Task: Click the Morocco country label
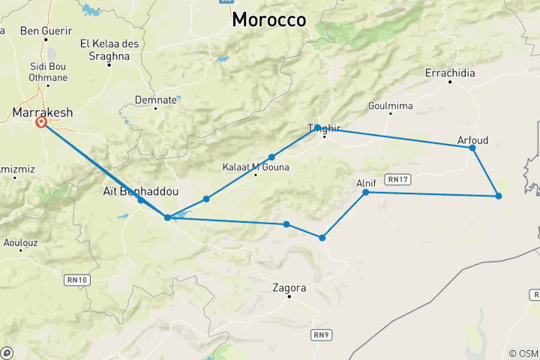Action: [269, 20]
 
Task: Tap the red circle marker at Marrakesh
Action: [41, 122]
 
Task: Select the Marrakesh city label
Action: [43, 112]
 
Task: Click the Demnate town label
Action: [155, 100]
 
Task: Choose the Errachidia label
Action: [450, 73]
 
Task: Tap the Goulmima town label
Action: [391, 106]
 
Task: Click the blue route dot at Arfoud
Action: [472, 148]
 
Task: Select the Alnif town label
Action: [366, 182]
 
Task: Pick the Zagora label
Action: [289, 287]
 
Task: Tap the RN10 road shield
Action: [77, 280]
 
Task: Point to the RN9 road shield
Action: [322, 334]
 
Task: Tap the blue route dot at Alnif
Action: [366, 193]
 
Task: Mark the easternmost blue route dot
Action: [499, 196]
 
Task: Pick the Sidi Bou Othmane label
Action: [48, 72]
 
